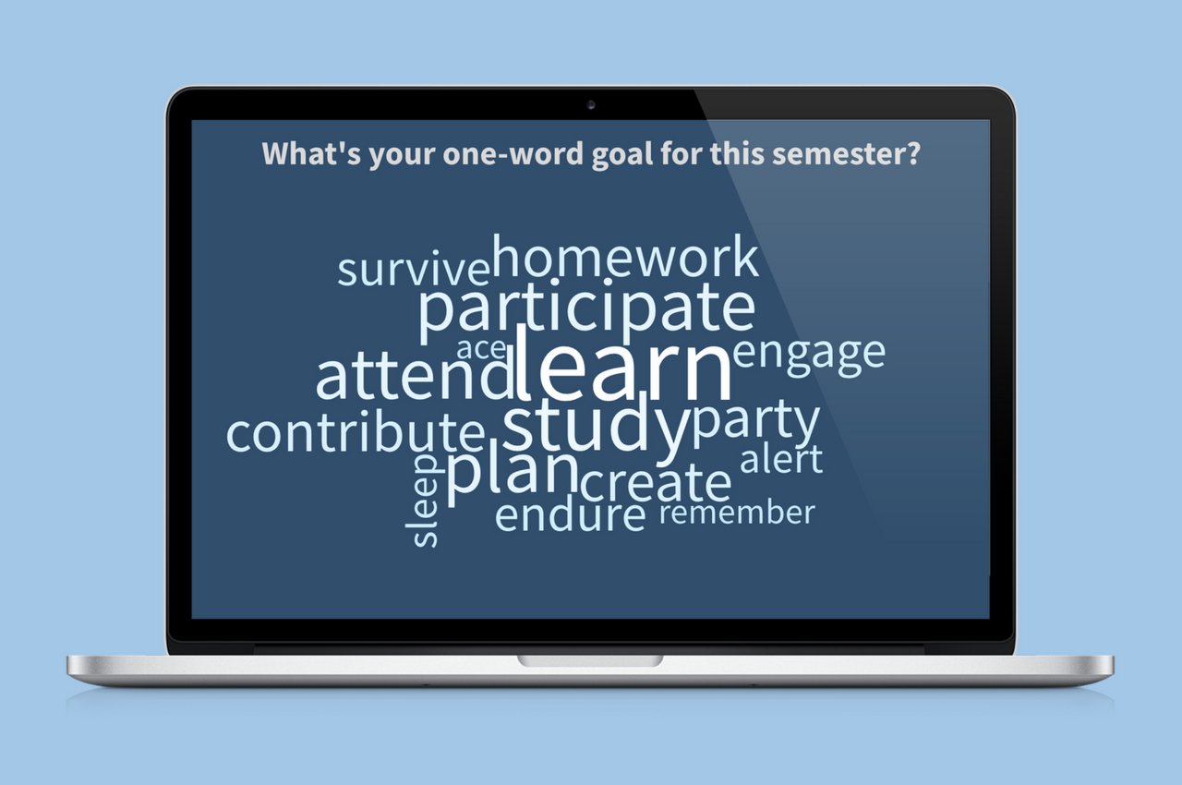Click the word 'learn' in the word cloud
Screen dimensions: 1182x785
(x=623, y=363)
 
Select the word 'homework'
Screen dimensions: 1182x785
(x=626, y=257)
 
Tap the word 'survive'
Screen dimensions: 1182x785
(x=414, y=270)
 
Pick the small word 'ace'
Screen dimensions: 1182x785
(x=481, y=349)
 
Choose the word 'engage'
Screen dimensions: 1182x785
(x=809, y=357)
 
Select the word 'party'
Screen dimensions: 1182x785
(x=755, y=425)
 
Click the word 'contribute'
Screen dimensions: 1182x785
(x=356, y=432)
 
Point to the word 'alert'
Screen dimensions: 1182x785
(x=781, y=459)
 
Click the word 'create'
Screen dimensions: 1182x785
(x=657, y=483)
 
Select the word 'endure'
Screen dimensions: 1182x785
(x=571, y=515)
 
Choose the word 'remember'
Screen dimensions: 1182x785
(x=737, y=513)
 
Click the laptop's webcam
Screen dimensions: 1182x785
(x=591, y=105)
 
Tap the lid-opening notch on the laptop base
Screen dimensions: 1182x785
(x=590, y=660)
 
